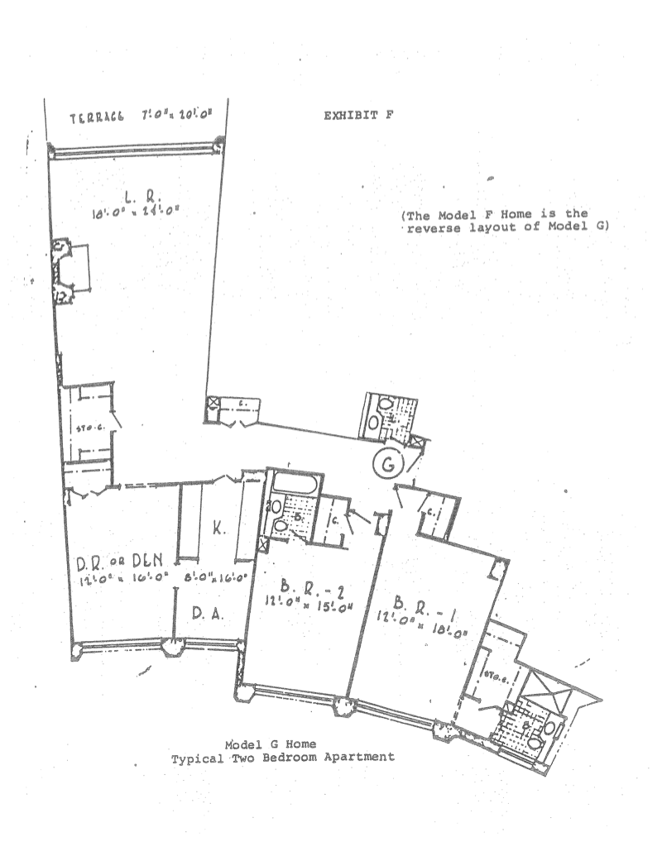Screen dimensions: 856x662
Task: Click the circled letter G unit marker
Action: (386, 466)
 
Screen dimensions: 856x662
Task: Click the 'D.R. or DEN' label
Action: (112, 562)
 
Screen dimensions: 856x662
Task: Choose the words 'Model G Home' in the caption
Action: (281, 743)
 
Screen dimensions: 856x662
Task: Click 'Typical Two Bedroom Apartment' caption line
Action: (282, 756)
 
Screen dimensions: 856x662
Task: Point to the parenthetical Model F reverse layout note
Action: (505, 222)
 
